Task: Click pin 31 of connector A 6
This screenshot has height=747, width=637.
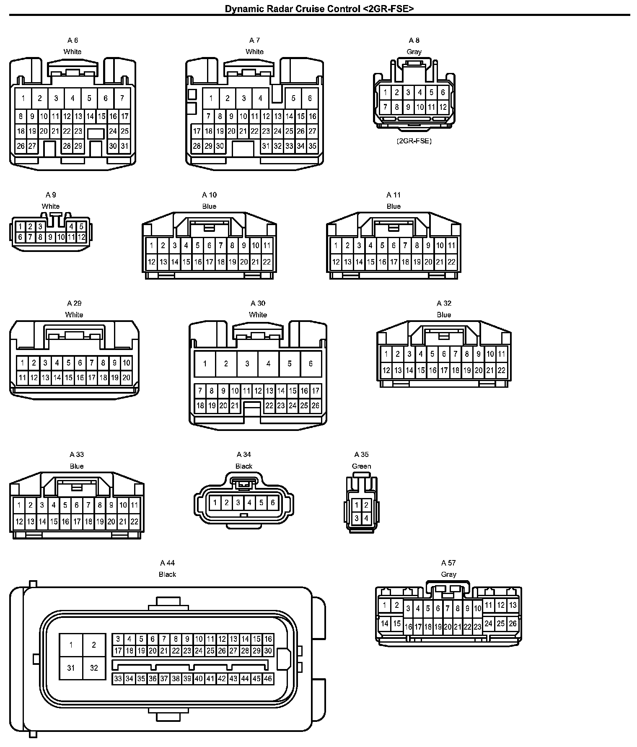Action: [124, 146]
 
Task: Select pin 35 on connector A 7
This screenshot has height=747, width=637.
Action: [312, 146]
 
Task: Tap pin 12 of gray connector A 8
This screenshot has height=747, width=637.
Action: [443, 107]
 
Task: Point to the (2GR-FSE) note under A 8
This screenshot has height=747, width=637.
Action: [414, 141]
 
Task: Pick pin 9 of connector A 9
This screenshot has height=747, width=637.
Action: [50, 237]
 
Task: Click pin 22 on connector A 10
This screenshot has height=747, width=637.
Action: [267, 262]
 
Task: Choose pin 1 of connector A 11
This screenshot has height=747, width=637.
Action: [336, 245]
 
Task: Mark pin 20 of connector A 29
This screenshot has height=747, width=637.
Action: [126, 378]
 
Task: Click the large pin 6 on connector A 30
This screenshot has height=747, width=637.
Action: [311, 363]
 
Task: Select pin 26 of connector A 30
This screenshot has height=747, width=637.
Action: [316, 405]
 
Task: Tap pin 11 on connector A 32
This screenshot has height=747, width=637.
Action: [502, 354]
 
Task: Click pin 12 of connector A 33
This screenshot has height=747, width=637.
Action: [19, 522]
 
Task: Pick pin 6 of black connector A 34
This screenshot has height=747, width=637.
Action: [272, 502]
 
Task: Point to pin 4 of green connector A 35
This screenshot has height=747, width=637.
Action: [366, 519]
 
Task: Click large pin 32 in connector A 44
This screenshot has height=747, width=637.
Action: [94, 667]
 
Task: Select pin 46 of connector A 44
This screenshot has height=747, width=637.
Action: [268, 679]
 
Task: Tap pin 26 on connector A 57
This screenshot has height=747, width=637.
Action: [513, 623]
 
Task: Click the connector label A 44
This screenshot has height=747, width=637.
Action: [167, 563]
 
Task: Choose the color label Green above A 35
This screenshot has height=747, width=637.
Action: [361, 466]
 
